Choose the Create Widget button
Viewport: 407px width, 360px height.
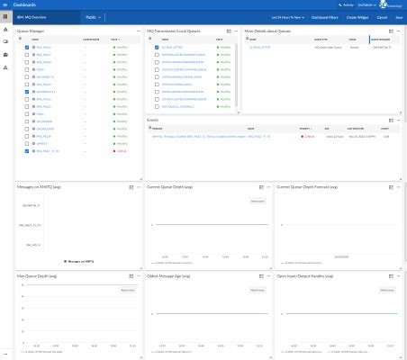(357, 17)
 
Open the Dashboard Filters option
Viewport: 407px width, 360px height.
(324, 17)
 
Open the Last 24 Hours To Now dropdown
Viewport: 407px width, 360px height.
(287, 17)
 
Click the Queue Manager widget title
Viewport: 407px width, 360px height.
(31, 31)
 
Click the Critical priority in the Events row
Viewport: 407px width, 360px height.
(308, 136)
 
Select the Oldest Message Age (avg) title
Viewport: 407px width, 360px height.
(172, 275)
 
